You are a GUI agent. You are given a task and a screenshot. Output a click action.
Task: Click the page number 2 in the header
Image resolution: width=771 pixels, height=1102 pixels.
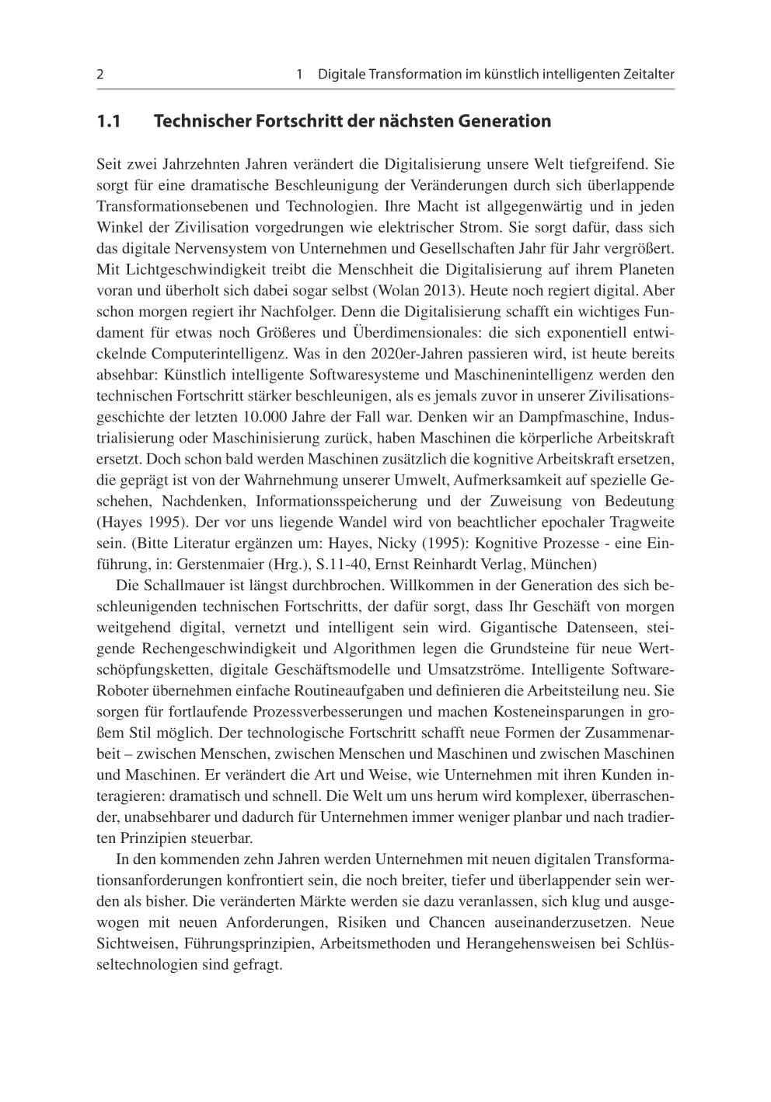click(x=100, y=75)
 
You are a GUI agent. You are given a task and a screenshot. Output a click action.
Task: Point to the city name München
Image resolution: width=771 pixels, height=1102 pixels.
click(x=567, y=564)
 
